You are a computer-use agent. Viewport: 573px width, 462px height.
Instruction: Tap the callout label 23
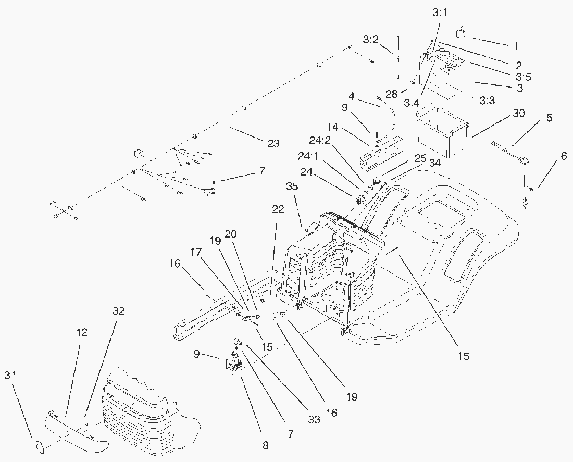coord(273,144)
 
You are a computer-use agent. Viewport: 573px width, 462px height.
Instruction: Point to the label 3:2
coord(370,40)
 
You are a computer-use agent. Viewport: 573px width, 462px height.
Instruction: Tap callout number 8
coord(265,445)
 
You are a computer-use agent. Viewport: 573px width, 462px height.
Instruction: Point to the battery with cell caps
coord(444,75)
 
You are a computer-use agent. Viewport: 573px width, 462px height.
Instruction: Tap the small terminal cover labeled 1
coord(461,33)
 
